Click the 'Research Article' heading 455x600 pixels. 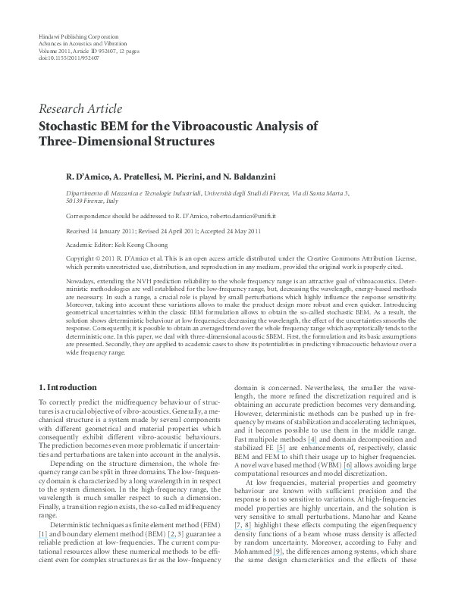[x=81, y=109]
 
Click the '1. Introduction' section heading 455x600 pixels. [x=67, y=387]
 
